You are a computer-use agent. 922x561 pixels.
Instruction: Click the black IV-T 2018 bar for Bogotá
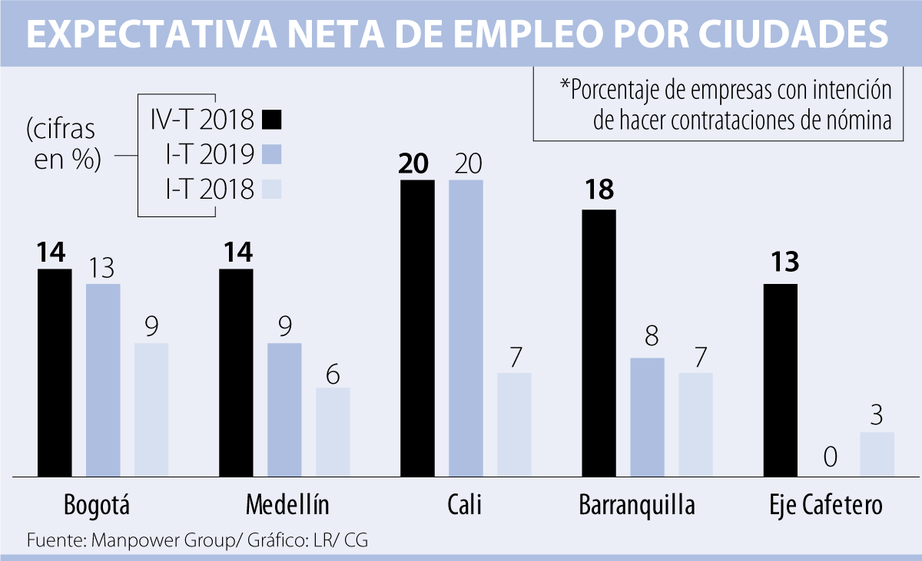55,372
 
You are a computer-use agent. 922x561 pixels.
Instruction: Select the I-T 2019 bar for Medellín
284,409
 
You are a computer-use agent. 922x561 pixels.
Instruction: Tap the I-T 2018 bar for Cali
514,424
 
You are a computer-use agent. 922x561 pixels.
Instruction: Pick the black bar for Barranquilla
599,343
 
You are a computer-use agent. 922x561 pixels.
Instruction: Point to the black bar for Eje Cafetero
780,380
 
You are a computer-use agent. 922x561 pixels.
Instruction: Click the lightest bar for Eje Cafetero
877,454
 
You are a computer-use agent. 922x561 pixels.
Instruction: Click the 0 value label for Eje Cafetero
829,458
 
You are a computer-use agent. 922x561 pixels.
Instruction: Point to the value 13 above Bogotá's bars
102,268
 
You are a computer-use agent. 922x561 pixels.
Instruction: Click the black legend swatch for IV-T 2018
271,120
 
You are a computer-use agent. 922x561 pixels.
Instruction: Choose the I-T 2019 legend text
210,154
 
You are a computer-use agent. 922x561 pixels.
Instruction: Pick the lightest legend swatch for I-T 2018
271,189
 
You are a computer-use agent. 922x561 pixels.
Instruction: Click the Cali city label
466,506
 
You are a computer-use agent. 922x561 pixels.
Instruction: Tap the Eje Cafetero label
826,506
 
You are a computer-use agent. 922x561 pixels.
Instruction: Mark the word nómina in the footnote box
861,121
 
